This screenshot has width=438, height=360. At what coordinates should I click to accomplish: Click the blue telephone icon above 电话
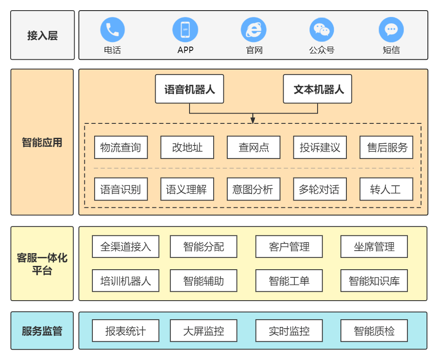[x=112, y=30]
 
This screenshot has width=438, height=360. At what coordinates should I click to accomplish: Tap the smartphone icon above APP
[x=185, y=30]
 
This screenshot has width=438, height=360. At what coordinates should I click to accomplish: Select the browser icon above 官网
[x=254, y=30]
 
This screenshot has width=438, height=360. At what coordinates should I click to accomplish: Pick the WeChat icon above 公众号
[x=322, y=30]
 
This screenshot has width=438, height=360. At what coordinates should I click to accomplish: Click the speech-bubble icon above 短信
[x=391, y=30]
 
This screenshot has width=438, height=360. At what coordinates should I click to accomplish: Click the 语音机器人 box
[x=190, y=89]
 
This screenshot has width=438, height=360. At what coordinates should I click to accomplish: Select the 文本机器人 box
[x=317, y=89]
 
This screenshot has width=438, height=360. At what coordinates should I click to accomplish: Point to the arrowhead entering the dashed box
[x=253, y=120]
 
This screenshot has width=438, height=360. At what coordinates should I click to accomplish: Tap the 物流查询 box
[x=121, y=148]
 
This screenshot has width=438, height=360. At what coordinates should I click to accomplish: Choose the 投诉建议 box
[x=320, y=148]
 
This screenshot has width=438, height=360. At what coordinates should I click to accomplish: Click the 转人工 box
[x=386, y=189]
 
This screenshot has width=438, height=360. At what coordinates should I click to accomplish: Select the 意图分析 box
[x=254, y=189]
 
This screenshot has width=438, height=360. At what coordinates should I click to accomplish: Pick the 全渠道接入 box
[x=126, y=247]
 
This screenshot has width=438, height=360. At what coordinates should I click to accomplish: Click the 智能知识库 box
[x=374, y=281]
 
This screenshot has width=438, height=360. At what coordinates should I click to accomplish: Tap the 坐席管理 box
[x=374, y=247]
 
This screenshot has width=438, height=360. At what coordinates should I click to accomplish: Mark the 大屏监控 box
[x=204, y=331]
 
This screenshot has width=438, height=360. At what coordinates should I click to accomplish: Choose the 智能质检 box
[x=374, y=331]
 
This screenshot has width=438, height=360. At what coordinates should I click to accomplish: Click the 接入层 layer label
[x=42, y=36]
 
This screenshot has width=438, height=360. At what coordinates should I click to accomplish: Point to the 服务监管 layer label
[x=42, y=331]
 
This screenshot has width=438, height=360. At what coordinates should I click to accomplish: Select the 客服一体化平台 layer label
[x=42, y=264]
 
